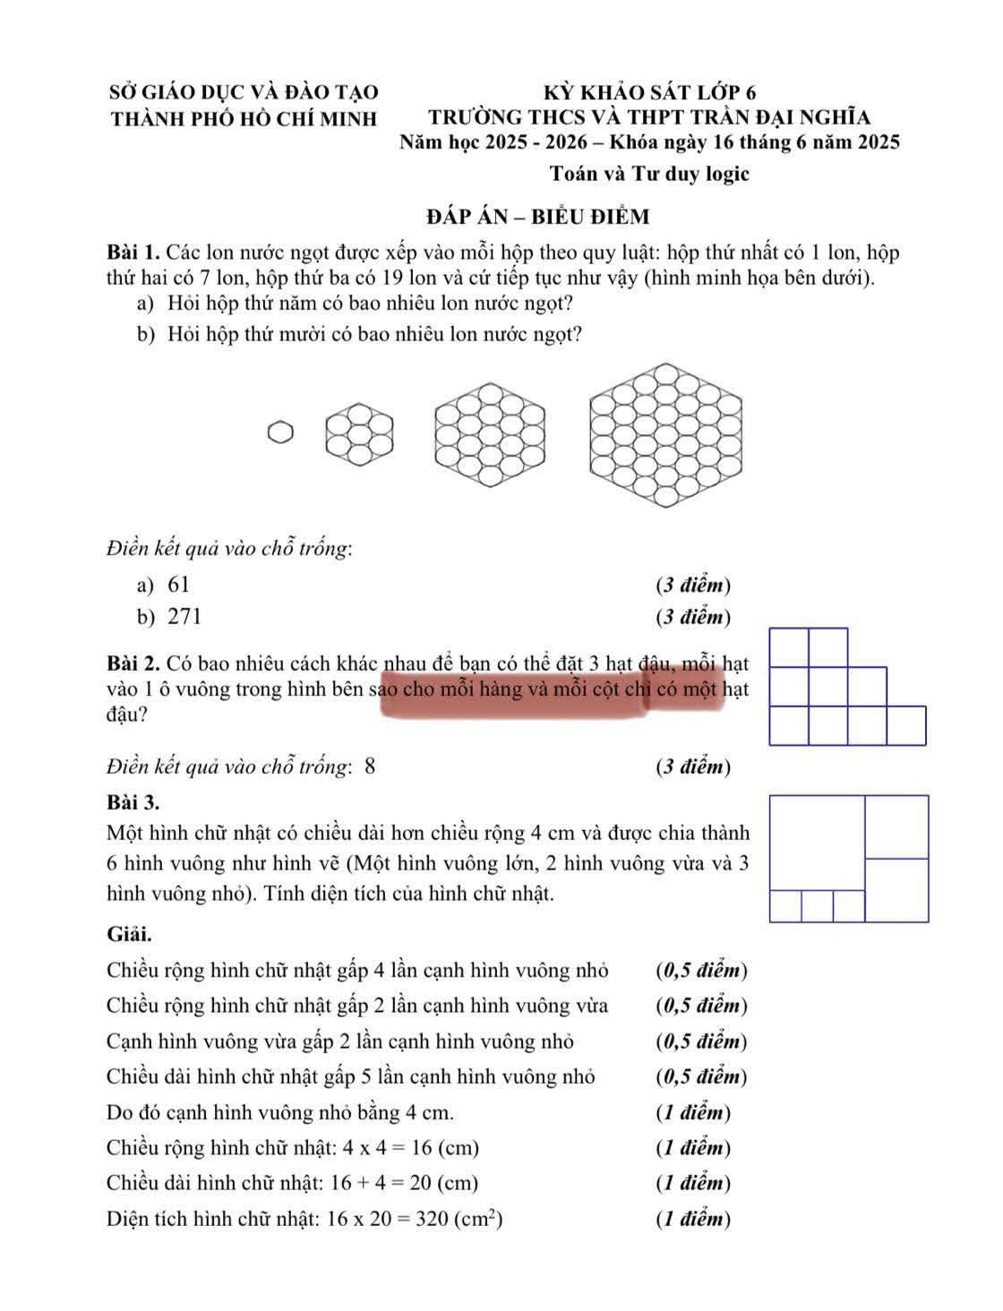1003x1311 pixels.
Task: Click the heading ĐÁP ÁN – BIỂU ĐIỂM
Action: click(x=538, y=217)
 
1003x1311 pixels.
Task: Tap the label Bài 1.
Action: click(x=133, y=252)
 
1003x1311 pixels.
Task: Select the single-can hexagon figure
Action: click(x=280, y=433)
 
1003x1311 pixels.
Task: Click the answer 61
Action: click(x=179, y=585)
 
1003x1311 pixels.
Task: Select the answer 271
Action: click(x=184, y=616)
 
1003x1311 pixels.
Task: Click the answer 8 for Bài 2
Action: click(x=370, y=767)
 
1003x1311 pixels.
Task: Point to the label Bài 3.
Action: click(x=133, y=800)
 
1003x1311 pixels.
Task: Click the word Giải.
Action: click(x=129, y=934)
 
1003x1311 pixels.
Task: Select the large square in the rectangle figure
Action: click(x=817, y=843)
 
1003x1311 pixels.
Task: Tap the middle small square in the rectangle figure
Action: click(x=817, y=906)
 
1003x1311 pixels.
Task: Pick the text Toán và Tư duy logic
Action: click(x=649, y=174)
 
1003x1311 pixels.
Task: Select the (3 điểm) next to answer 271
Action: click(x=693, y=616)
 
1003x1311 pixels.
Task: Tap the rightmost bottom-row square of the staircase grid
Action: click(x=906, y=725)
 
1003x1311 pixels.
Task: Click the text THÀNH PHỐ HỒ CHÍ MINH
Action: click(x=243, y=118)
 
